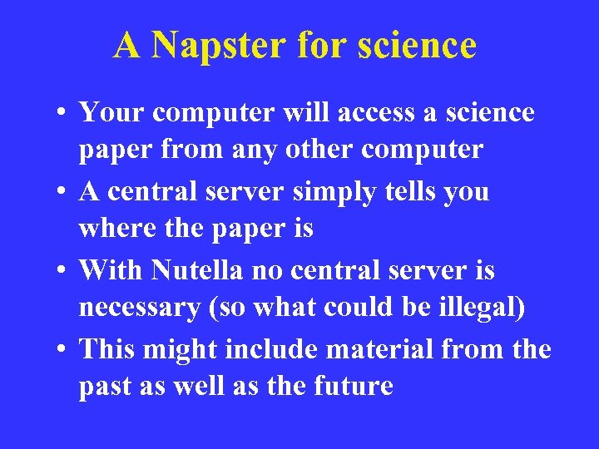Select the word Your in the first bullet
point(111,112)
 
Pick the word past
point(103,387)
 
